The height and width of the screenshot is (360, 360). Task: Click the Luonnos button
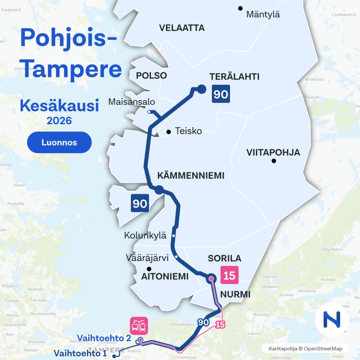coord(59,143)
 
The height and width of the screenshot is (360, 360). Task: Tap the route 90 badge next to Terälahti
coord(221,94)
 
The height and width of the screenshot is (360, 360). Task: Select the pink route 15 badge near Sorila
coord(229,275)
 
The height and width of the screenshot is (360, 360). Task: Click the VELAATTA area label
coord(182,28)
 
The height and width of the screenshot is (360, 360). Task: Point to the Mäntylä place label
coord(263,15)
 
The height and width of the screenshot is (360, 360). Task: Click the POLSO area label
coord(152,76)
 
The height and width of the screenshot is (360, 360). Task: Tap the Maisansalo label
coord(132,102)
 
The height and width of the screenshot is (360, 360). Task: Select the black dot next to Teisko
coord(168,132)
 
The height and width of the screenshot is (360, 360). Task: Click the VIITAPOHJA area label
coord(273,152)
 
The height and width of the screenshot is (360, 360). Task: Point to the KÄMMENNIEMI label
coord(191,176)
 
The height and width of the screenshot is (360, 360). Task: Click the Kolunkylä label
coord(145,236)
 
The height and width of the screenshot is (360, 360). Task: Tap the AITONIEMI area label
coord(165,276)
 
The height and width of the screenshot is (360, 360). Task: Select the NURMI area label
coord(235,294)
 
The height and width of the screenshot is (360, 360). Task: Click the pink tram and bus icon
coord(139,326)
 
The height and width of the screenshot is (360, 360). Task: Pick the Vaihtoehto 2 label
coord(104,338)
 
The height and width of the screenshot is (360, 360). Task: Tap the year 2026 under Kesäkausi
coord(59,120)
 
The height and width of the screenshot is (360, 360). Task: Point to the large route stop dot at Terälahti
coord(201,89)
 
